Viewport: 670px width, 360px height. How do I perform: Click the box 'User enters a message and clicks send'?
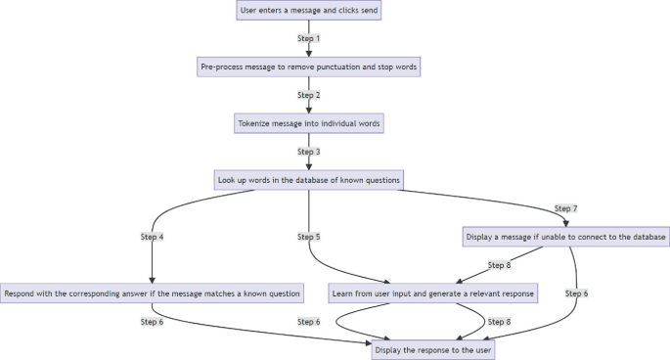309,12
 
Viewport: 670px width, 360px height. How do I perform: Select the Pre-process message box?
309,67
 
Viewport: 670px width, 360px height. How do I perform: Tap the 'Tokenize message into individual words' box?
309,123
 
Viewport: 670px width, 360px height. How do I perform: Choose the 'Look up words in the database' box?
309,180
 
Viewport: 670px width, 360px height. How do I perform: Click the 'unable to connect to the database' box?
566,237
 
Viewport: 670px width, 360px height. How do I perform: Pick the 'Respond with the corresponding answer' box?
152,293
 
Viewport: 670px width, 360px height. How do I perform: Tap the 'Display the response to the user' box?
431,349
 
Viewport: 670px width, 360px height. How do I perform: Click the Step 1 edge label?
309,39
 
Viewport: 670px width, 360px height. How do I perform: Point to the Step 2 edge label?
309,95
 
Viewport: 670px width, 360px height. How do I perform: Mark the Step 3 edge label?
309,152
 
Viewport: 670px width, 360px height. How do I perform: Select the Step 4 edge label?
152,237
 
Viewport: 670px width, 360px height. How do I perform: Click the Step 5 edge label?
309,237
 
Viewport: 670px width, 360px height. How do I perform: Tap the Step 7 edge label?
566,208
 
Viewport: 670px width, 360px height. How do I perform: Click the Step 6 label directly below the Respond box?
152,321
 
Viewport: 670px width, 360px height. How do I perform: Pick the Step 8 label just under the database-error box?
499,265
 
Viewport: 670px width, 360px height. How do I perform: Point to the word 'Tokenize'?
255,123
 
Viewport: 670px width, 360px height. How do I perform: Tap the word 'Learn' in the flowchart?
345,293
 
